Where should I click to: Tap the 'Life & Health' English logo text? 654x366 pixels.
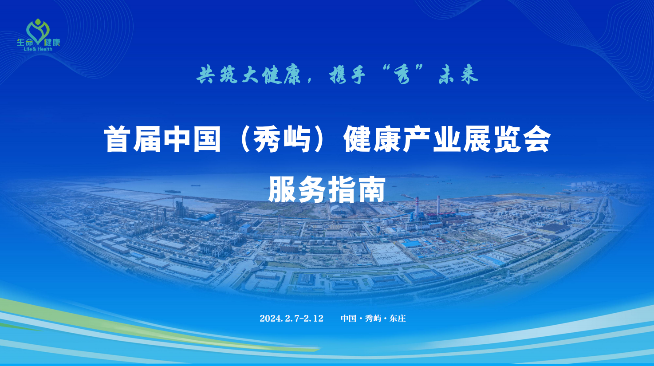[38, 49]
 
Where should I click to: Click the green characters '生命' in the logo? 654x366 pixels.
[25, 42]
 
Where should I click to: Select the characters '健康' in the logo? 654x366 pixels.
[52, 42]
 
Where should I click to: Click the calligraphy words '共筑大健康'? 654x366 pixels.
[248, 75]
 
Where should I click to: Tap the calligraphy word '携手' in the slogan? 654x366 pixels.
[347, 75]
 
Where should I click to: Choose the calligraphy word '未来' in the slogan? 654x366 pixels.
[458, 75]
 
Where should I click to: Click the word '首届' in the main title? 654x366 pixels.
[132, 139]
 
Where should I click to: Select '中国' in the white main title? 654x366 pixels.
[192, 139]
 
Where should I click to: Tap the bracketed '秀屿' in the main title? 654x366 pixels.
[282, 139]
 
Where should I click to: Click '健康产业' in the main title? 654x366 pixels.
[402, 139]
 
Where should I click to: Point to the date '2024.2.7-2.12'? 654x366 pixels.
[292, 318]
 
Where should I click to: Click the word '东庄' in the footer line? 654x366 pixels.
[398, 318]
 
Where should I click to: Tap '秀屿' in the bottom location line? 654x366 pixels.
[373, 318]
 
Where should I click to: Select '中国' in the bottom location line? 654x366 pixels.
[349, 318]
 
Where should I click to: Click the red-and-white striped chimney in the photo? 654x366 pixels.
[417, 208]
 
